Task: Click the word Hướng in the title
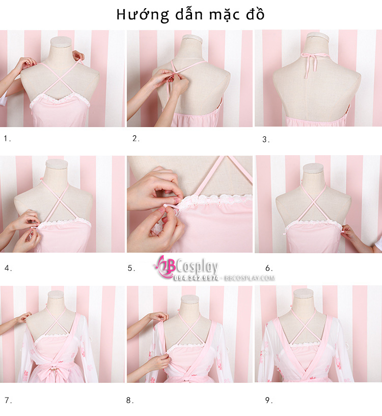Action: [143, 15]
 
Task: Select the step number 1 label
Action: [7, 138]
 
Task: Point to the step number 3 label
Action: [266, 139]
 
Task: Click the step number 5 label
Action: [131, 268]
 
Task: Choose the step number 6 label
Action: [269, 268]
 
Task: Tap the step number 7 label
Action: [8, 400]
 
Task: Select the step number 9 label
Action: [269, 400]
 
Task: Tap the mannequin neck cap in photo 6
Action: [313, 168]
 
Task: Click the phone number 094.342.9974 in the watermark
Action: [196, 278]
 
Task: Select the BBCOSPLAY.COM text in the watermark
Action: [250, 278]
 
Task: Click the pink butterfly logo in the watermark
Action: [165, 266]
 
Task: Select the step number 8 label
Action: [130, 400]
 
